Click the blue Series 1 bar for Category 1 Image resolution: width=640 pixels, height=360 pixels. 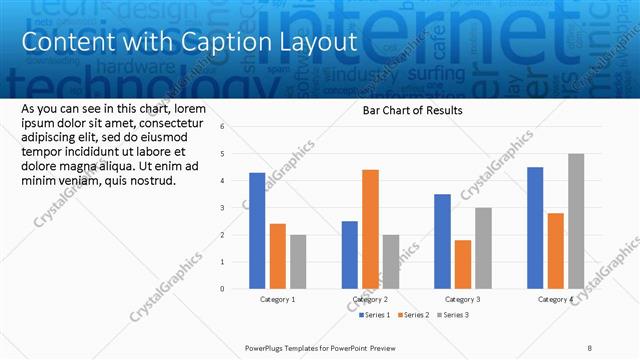tap(257, 230)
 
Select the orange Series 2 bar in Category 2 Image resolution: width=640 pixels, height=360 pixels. tap(370, 229)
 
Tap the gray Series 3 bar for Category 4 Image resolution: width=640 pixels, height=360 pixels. tap(576, 221)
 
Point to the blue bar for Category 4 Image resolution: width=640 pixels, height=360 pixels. tap(535, 228)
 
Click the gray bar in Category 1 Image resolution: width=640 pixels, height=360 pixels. tap(297, 261)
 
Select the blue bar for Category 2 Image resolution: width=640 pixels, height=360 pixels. tap(349, 255)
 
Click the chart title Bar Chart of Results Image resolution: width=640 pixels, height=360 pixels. tap(412, 110)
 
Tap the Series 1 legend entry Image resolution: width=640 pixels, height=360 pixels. tap(376, 315)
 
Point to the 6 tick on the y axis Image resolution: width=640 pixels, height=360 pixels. tap(237, 127)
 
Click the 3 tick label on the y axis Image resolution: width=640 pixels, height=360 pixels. tap(237, 208)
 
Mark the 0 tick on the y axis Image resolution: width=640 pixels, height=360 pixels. tap(237, 289)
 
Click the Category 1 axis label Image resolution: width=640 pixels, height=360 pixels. tap(277, 299)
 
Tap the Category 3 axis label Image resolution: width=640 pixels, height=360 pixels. tap(462, 299)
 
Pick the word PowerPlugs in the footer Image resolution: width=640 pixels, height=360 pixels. tap(267, 349)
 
